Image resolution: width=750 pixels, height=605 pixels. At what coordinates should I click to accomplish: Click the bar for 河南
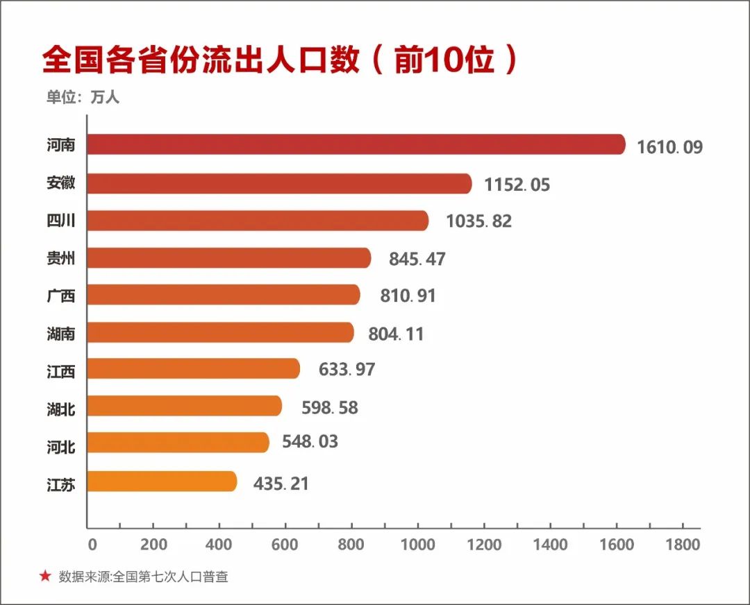356,145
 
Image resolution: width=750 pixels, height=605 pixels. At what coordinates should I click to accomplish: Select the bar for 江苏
162,482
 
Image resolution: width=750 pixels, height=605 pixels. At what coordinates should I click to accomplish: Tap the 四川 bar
258,221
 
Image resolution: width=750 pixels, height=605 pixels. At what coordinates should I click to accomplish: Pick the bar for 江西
194,368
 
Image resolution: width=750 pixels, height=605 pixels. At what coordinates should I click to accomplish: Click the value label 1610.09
669,147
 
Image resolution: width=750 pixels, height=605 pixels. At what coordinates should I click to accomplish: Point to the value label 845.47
417,259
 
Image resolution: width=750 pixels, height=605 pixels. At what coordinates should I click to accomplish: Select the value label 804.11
395,334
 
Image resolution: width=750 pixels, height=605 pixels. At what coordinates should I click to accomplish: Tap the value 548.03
310,441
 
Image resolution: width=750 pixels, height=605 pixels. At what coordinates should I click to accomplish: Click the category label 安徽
60,184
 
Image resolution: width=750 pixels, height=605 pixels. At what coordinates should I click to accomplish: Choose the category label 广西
60,296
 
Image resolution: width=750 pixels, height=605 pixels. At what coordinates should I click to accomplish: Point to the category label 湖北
60,409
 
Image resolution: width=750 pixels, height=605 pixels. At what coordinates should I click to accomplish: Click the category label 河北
60,446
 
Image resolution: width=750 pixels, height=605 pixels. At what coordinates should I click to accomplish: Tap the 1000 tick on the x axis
419,545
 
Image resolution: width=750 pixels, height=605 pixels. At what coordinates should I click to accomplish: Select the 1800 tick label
683,545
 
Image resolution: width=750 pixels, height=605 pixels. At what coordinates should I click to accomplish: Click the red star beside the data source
45,576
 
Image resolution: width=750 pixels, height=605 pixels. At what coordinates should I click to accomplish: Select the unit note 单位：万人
83,97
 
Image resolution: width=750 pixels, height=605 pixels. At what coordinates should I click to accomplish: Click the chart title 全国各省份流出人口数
201,61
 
